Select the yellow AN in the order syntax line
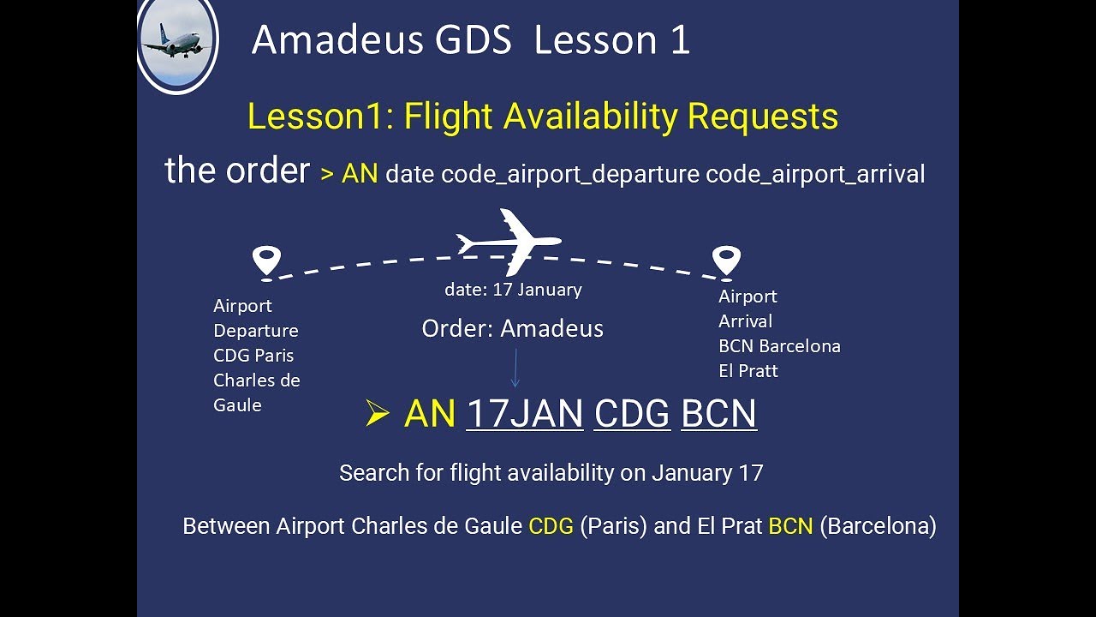(x=360, y=174)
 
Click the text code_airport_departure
(x=570, y=174)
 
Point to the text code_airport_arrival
(x=815, y=174)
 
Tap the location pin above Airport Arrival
(x=726, y=260)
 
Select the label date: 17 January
(x=513, y=290)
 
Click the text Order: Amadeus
(x=512, y=328)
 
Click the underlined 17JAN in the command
(x=525, y=414)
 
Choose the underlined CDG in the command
(x=632, y=414)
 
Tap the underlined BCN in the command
(x=718, y=414)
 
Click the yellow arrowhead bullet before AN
(x=377, y=415)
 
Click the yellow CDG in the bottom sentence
(x=551, y=525)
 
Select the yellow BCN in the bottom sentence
(x=790, y=525)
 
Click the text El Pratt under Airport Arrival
(x=748, y=371)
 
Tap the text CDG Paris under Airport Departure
(x=253, y=356)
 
